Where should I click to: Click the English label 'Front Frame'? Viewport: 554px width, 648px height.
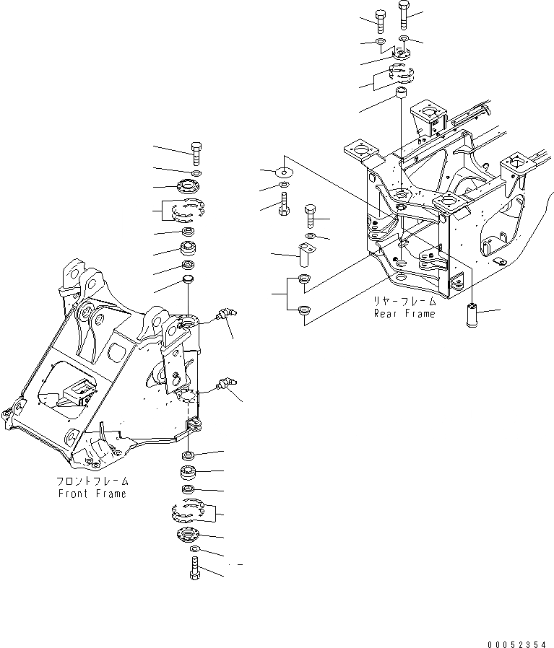click(92, 494)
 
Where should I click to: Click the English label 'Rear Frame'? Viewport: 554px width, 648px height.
click(404, 314)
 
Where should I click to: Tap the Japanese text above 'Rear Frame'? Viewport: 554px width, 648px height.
click(404, 302)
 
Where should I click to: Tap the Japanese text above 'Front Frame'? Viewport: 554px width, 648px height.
click(92, 481)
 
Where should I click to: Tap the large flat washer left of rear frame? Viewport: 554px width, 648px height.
click(285, 172)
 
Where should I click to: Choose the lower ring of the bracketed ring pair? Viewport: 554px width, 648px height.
click(304, 311)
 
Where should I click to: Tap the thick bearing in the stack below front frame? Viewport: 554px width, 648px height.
click(189, 474)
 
